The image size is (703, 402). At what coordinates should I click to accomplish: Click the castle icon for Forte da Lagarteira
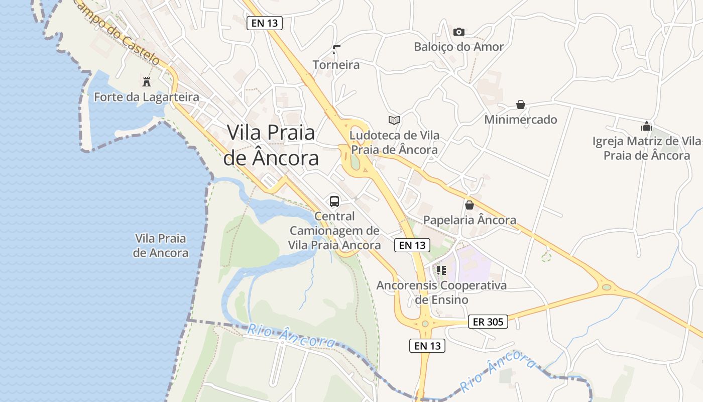pyautogui.click(x=147, y=81)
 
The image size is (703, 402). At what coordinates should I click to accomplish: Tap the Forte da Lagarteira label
pyautogui.click(x=147, y=97)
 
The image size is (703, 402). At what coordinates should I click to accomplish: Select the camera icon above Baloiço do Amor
pyautogui.click(x=458, y=32)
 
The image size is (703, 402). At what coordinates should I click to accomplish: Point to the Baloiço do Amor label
pyautogui.click(x=458, y=47)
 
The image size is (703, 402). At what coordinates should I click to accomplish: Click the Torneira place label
pyautogui.click(x=336, y=65)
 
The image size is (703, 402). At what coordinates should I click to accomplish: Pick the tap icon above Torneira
pyautogui.click(x=336, y=50)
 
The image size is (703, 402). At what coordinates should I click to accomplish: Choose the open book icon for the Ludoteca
pyautogui.click(x=394, y=120)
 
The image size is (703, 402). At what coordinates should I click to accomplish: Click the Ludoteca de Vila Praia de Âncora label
pyautogui.click(x=394, y=142)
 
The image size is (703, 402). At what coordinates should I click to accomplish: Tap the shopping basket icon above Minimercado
pyautogui.click(x=521, y=105)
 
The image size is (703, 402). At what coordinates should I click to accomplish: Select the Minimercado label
pyautogui.click(x=521, y=120)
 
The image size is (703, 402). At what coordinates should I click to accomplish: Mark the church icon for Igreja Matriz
pyautogui.click(x=646, y=126)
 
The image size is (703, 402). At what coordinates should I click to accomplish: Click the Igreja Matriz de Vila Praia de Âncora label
pyautogui.click(x=647, y=148)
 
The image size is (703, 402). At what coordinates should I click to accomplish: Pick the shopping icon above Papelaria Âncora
pyautogui.click(x=470, y=205)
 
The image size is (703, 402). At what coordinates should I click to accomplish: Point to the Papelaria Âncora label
pyautogui.click(x=470, y=220)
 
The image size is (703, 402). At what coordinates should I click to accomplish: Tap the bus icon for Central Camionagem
pyautogui.click(x=334, y=202)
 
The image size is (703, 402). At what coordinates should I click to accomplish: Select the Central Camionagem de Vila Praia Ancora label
pyautogui.click(x=334, y=231)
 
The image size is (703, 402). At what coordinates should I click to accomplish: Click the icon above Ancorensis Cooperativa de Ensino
pyautogui.click(x=441, y=270)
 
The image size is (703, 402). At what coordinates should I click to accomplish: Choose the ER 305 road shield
pyautogui.click(x=488, y=322)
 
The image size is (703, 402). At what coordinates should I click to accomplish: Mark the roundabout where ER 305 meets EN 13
pyautogui.click(x=425, y=324)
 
